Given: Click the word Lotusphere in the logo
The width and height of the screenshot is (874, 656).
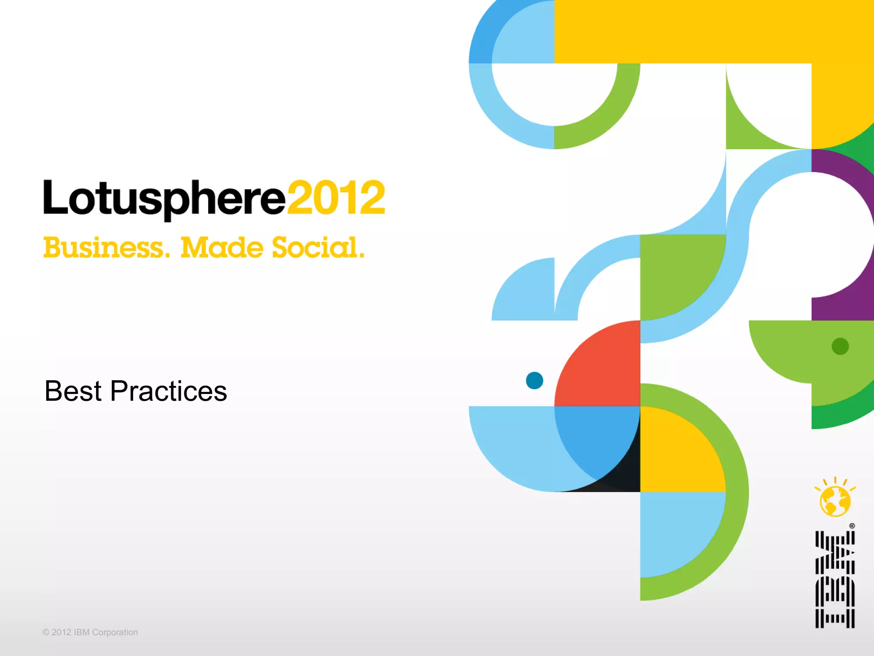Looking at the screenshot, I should (164, 198).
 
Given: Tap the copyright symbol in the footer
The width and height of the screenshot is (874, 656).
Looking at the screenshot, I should (46, 633).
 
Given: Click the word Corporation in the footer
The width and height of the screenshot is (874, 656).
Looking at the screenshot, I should (115, 633).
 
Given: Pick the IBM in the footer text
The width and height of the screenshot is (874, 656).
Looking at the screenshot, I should (82, 633).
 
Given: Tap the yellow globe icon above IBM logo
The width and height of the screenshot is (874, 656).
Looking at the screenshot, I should (835, 500).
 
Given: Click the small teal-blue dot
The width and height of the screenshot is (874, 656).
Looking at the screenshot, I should (534, 380).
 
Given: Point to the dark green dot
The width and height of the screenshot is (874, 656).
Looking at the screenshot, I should (840, 346).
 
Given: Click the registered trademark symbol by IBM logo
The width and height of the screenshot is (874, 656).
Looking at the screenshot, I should (852, 526).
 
